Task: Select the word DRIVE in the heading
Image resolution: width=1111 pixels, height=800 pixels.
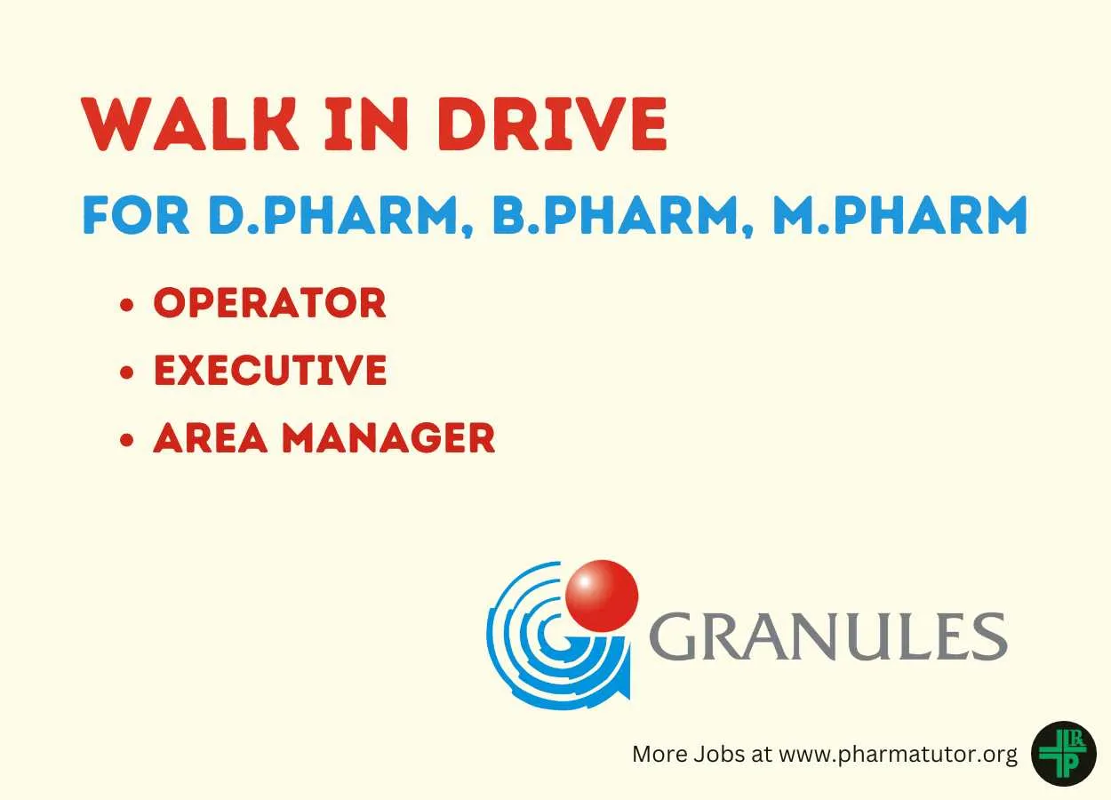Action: click(x=552, y=124)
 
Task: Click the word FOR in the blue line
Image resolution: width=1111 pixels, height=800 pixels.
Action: click(x=136, y=215)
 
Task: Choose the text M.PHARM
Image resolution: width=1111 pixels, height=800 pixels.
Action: click(x=899, y=215)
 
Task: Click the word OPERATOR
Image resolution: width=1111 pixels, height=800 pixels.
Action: click(x=270, y=302)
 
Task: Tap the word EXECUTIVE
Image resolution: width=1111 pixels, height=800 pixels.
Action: click(x=270, y=370)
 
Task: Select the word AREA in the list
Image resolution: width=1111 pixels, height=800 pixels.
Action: click(x=211, y=438)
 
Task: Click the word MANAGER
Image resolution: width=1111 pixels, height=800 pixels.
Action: click(x=389, y=438)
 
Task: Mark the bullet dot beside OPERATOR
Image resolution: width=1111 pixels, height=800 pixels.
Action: click(x=127, y=304)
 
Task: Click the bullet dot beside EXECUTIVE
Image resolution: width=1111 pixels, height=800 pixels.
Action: click(x=127, y=372)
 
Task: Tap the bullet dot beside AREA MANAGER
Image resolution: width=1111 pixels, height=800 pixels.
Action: click(x=127, y=439)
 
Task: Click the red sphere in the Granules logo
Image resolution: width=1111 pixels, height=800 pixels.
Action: click(x=602, y=596)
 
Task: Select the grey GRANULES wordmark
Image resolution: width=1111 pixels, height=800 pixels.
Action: click(x=827, y=636)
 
